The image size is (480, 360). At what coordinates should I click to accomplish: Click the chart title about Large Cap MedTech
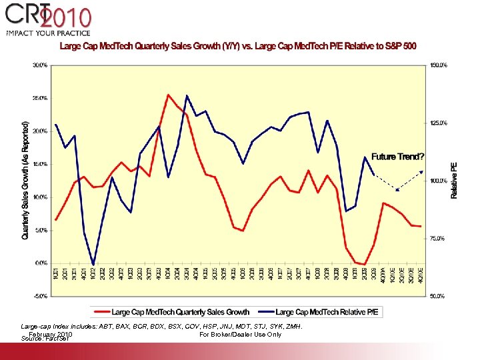tap(238, 46)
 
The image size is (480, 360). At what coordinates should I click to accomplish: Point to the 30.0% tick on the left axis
tap(39, 65)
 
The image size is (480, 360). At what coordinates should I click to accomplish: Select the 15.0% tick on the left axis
tap(39, 164)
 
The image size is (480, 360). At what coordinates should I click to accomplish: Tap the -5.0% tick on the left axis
tap(39, 295)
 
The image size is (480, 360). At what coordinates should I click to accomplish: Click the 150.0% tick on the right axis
tap(438, 65)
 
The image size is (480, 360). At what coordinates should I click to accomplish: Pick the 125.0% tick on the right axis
tap(438, 123)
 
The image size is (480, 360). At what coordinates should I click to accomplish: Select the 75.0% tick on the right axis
tap(438, 238)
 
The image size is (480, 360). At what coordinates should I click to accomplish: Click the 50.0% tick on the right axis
tap(438, 295)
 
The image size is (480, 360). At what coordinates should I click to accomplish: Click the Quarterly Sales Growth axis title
tap(25, 180)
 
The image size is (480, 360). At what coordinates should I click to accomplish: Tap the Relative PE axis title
tap(455, 180)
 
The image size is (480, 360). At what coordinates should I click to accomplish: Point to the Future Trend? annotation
tap(397, 157)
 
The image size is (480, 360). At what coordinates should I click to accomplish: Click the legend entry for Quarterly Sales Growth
tap(173, 311)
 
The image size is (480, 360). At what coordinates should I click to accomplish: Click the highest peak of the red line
tap(168, 95)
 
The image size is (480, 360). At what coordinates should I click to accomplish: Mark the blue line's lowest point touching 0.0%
tap(93, 264)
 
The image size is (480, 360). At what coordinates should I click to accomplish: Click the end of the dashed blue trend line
tap(421, 171)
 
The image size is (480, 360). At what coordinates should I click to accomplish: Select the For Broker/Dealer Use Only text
tap(240, 334)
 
